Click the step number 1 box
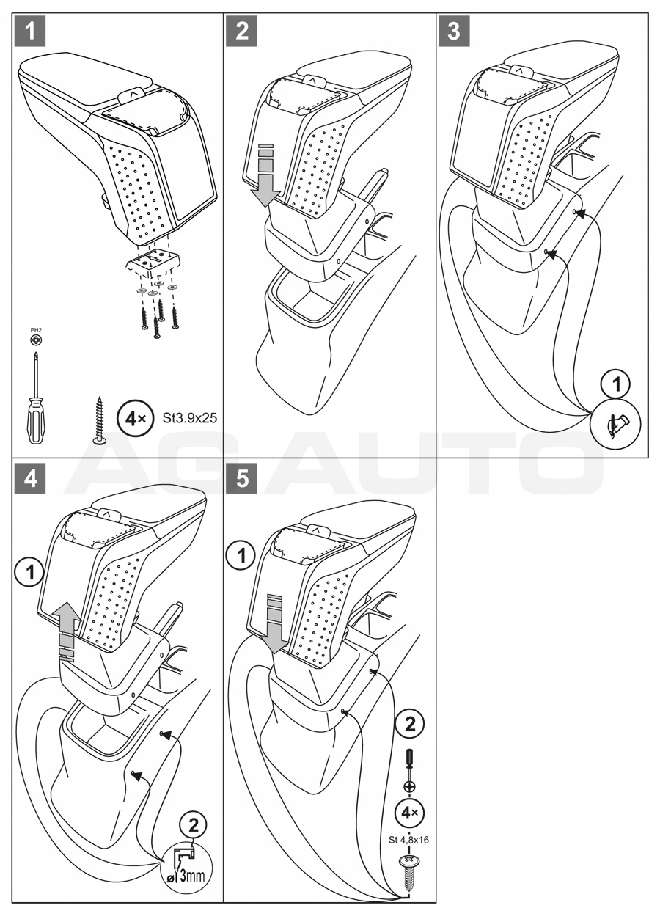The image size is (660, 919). [29, 31]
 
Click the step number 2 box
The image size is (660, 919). [242, 31]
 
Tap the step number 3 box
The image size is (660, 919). [455, 31]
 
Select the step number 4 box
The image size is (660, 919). [29, 477]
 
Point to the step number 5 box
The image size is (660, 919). [242, 477]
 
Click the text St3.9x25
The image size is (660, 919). [187, 419]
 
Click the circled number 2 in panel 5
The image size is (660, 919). [409, 725]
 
